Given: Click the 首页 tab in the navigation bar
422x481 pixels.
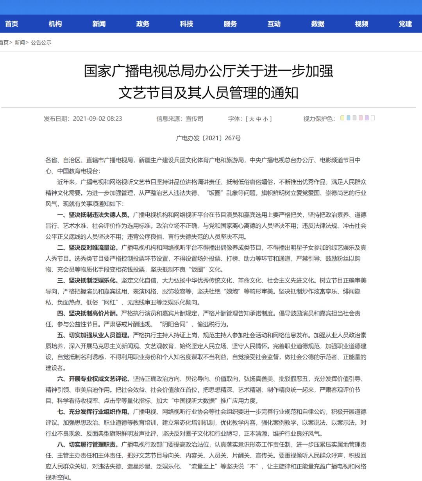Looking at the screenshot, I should [x=11, y=24].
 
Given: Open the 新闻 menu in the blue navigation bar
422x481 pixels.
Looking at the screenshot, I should [x=99, y=24].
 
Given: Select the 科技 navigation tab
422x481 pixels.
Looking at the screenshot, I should [x=186, y=24].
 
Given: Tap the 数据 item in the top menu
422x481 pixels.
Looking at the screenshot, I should [x=318, y=24].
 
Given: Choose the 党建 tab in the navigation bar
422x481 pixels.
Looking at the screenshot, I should [x=405, y=24].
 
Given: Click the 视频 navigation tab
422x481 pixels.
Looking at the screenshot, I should [x=361, y=24].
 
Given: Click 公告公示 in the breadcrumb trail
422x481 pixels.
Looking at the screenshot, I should [x=41, y=42].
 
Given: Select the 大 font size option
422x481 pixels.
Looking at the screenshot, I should [x=252, y=119].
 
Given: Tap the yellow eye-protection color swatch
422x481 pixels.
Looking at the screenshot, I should [x=342, y=118].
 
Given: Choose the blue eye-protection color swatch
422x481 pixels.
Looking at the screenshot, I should [x=348, y=118].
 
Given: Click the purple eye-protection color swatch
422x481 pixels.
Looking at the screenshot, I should [x=367, y=118].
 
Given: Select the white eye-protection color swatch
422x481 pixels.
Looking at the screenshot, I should [x=373, y=118].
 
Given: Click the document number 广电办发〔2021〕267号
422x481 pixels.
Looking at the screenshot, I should [x=208, y=138].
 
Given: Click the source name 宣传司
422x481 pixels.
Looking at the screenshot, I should [x=194, y=119].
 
